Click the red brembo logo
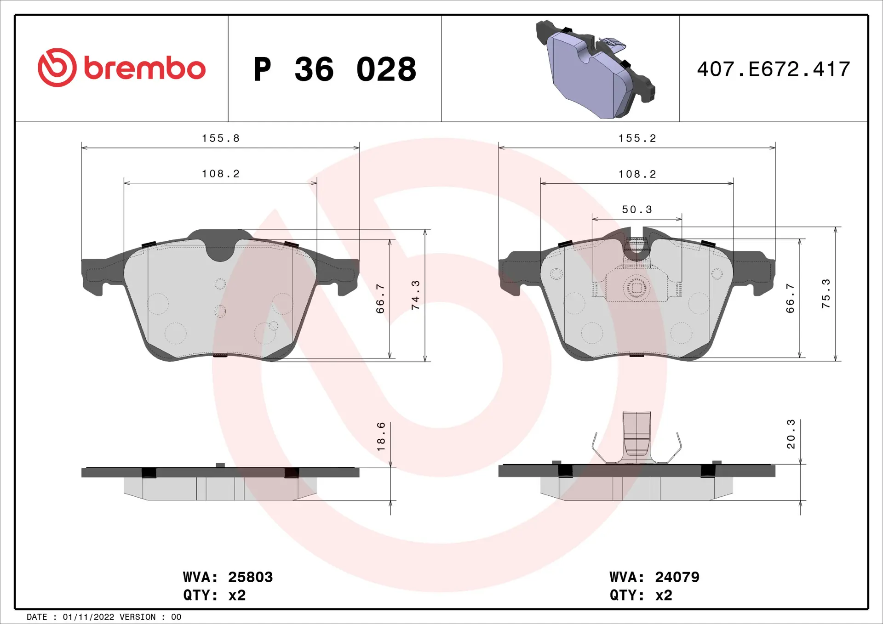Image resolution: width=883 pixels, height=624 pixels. pyautogui.click(x=121, y=68)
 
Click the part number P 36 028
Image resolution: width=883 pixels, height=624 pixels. pyautogui.click(x=335, y=69)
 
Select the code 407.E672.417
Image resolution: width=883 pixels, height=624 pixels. pyautogui.click(x=773, y=69)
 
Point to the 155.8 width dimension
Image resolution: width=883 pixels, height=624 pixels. pyautogui.click(x=221, y=138)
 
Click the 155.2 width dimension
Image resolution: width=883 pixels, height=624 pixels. pyautogui.click(x=637, y=138)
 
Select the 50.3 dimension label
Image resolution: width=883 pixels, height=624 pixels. pyautogui.click(x=637, y=210)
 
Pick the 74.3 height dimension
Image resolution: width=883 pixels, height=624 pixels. pyautogui.click(x=415, y=295)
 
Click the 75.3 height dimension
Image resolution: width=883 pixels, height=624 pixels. pyautogui.click(x=826, y=294)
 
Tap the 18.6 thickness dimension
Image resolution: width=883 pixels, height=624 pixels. pyautogui.click(x=381, y=437)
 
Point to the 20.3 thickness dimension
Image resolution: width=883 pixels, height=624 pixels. pyautogui.click(x=791, y=434)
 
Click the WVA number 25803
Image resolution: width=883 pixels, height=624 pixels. pyautogui.click(x=250, y=577)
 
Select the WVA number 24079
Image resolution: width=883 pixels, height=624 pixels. pyautogui.click(x=677, y=577)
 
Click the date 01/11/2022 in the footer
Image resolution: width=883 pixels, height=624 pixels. pyautogui.click(x=88, y=617)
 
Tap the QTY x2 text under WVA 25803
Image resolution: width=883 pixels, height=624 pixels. pyautogui.click(x=214, y=596)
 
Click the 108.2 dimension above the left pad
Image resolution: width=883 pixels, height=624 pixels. pyautogui.click(x=221, y=174)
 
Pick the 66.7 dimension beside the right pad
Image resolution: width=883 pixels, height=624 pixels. pyautogui.click(x=790, y=299)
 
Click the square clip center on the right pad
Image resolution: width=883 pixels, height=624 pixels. pyautogui.click(x=636, y=288)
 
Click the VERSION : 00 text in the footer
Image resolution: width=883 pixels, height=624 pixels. pyautogui.click(x=150, y=617)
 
